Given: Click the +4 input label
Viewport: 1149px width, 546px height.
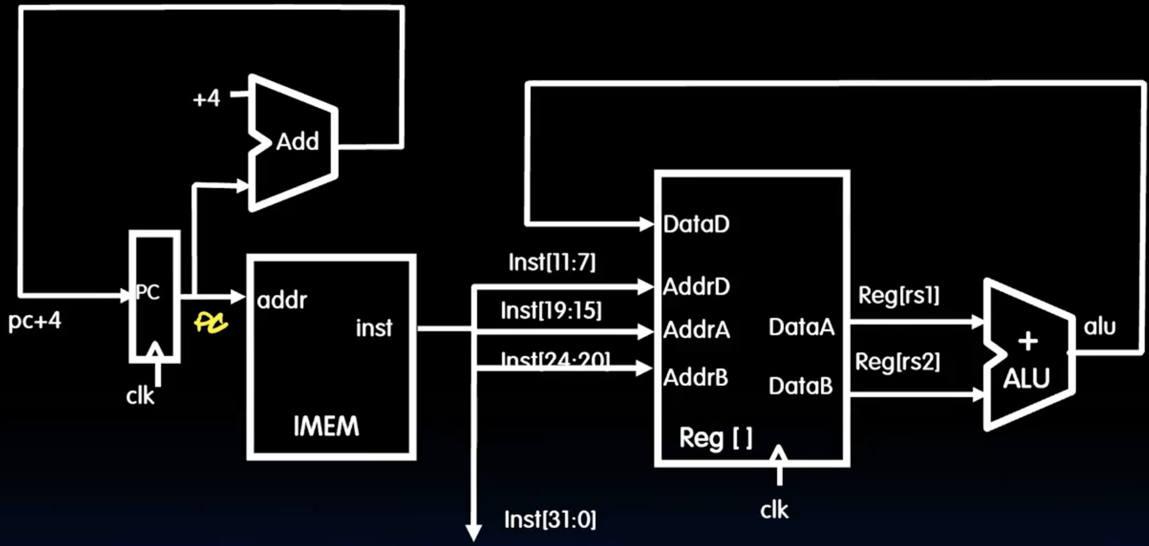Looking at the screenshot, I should point(206,98).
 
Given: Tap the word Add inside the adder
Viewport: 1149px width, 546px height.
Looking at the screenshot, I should point(298,141).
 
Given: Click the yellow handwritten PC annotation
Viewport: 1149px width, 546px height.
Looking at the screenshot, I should point(211,322).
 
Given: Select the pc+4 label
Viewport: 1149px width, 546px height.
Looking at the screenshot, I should point(35,320).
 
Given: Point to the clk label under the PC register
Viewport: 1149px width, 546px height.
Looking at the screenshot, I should point(140,396).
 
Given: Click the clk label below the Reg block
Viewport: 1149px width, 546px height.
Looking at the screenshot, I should point(774,510).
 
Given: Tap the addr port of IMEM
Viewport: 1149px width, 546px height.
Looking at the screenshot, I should point(282,300).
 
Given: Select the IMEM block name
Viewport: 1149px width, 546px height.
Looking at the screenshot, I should point(326,427).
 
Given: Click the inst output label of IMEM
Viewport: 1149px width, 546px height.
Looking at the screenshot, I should point(374,328).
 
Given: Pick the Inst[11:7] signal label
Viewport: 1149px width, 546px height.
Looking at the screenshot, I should point(552,262).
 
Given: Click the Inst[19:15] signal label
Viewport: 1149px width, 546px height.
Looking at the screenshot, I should point(551,310).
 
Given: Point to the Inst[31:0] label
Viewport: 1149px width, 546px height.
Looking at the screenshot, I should point(550,519).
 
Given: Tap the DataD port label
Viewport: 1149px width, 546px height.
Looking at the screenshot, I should point(696,224).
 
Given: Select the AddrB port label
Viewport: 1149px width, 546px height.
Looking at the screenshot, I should point(696,378).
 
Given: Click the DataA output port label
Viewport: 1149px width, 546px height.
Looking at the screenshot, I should point(801,327).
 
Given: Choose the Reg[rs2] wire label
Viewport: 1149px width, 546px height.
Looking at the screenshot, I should point(897,362).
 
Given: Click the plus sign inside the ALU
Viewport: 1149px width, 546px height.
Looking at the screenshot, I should point(1027,340).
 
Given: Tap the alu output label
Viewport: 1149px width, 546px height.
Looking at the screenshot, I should point(1099,327).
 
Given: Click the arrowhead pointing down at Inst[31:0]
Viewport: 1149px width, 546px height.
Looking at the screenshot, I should point(473,533).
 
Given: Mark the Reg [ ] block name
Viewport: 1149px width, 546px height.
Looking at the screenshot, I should point(715,438).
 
